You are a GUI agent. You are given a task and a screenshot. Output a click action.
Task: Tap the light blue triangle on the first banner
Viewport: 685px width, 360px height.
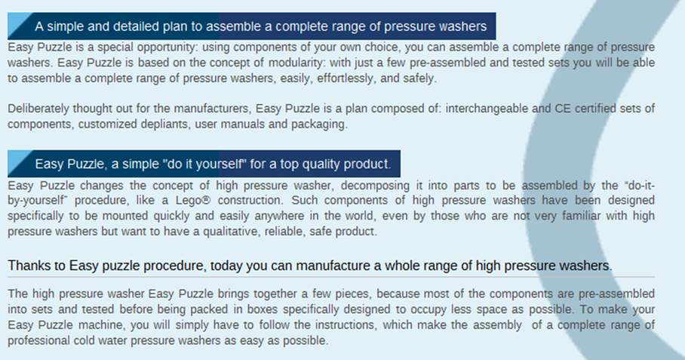(17, 23)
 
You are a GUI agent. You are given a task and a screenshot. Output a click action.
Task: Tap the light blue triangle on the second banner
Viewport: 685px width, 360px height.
(17, 160)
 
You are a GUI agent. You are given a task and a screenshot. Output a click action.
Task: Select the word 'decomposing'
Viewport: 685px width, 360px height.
(375, 186)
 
